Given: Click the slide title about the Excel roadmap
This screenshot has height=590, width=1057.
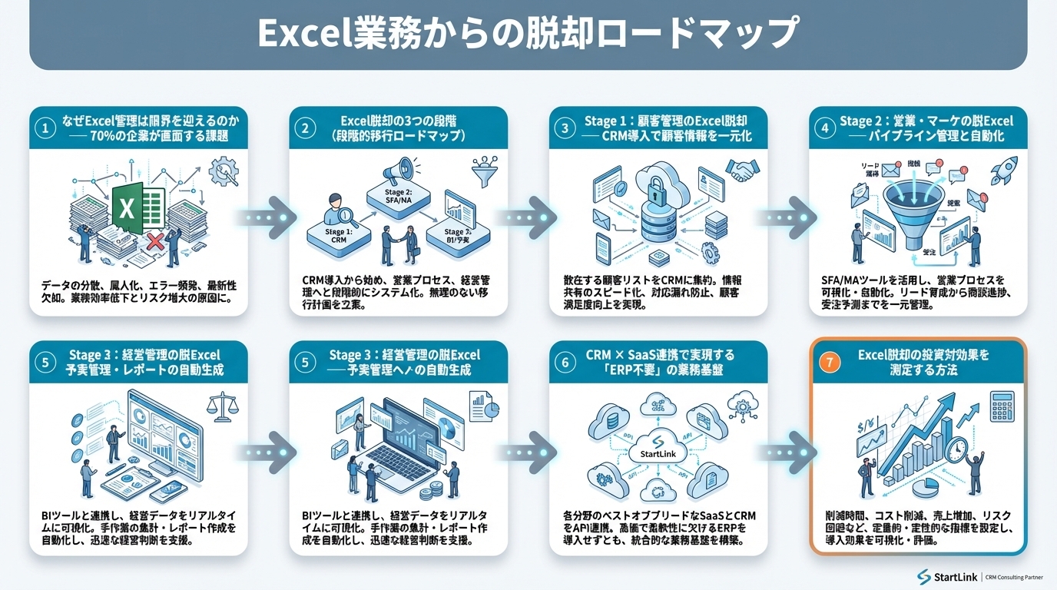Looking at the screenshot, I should click(x=528, y=34).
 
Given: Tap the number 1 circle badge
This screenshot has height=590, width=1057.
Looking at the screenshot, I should click(x=48, y=128).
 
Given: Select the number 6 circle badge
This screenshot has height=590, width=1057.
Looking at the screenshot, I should click(x=566, y=363).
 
